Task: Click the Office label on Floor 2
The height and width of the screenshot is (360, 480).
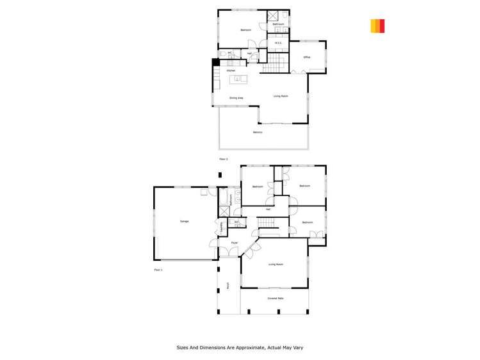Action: pos(307,58)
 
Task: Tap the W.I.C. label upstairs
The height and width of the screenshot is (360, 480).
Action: pos(279,44)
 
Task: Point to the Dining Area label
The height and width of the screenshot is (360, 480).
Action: pos(236,98)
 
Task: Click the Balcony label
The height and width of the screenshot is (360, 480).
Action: pos(257,133)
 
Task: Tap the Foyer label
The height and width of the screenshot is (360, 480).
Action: pos(235,243)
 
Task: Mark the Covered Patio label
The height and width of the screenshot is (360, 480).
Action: pos(276,299)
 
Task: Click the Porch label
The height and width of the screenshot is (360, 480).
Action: pos(228,286)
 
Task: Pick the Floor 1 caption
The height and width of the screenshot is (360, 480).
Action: pos(158,270)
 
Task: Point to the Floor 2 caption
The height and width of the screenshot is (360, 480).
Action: pos(224,159)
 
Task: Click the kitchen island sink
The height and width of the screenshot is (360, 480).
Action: pos(237,79)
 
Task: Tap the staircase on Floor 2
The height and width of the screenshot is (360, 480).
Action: pos(274,62)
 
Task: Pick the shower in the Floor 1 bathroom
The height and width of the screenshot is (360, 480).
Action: pos(224,211)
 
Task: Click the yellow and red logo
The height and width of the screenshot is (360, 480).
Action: pos(377,26)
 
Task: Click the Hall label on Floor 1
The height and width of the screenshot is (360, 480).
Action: pos(268,209)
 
